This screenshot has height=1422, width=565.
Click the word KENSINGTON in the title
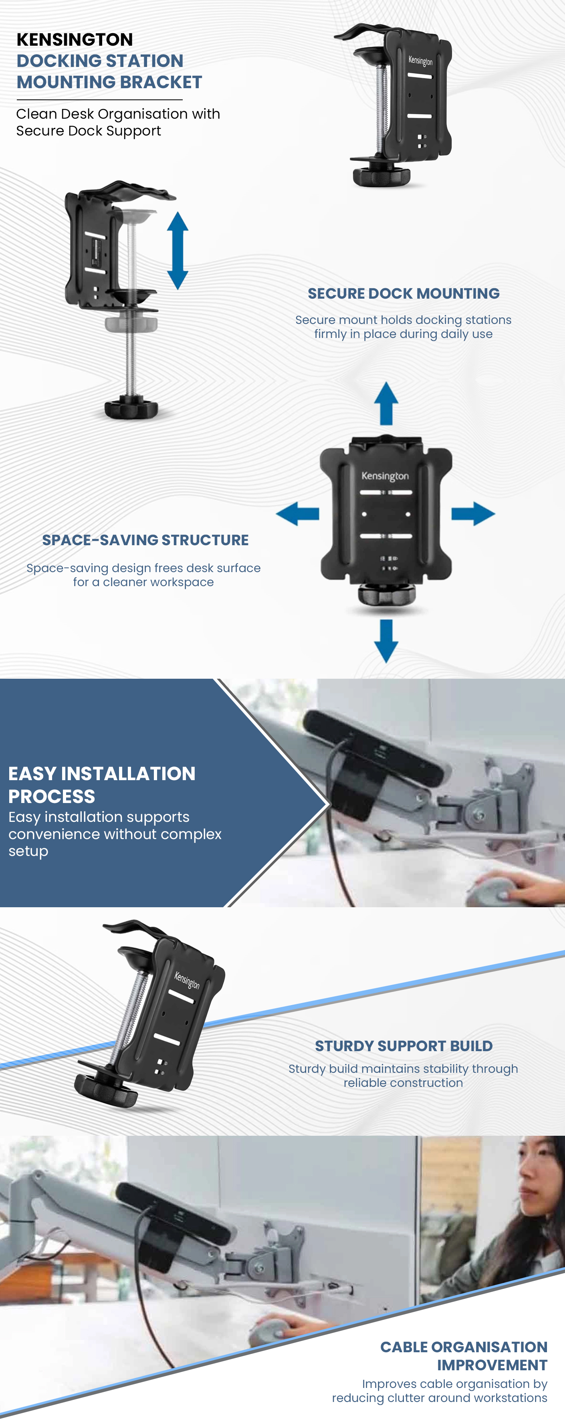click(x=75, y=40)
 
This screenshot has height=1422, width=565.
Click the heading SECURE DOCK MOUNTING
click(x=404, y=294)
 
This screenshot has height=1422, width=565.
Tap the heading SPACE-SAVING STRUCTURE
click(x=145, y=540)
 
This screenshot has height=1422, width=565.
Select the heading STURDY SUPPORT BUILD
click(x=404, y=1046)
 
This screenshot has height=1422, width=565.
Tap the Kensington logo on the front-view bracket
click(x=385, y=476)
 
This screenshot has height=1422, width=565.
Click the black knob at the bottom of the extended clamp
click(x=131, y=408)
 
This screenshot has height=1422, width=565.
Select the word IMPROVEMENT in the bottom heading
click(x=492, y=1365)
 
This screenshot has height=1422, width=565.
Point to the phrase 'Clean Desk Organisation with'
click(x=118, y=114)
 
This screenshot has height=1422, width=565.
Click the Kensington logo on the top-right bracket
click(x=420, y=60)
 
